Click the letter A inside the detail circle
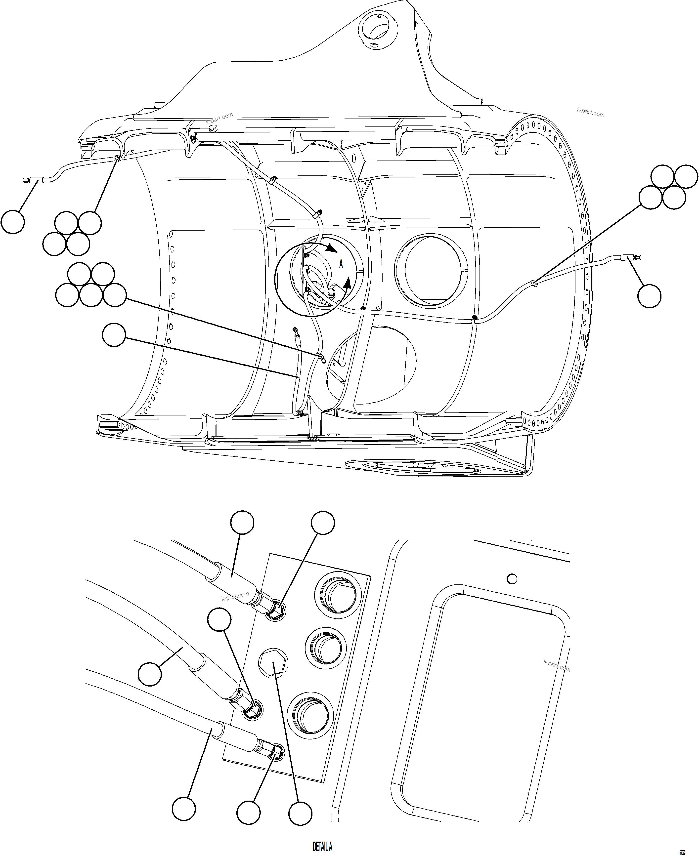coord(341,264)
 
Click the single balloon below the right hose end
coord(649,296)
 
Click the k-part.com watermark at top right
coord(590,114)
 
